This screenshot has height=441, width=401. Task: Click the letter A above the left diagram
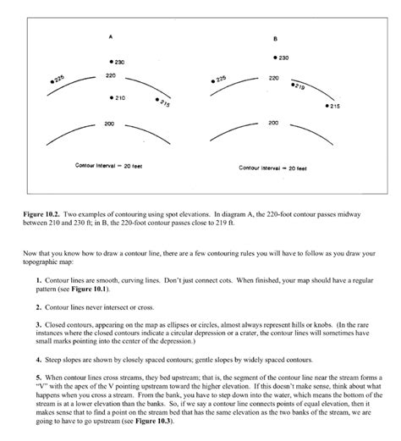click(111, 37)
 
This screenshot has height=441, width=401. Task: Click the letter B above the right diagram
click(275, 39)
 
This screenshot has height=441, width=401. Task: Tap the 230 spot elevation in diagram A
click(118, 62)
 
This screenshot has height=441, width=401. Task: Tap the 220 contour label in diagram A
click(111, 76)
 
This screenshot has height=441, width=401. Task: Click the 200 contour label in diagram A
click(110, 124)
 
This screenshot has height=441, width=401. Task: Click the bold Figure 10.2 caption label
click(40, 215)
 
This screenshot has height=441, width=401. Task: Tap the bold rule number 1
click(39, 279)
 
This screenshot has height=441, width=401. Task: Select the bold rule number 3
click(39, 323)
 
